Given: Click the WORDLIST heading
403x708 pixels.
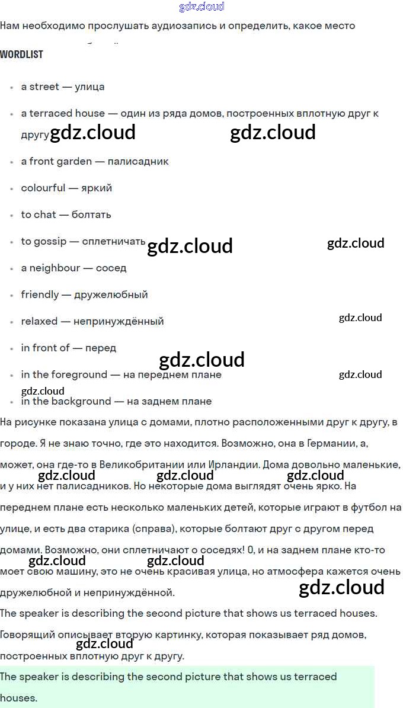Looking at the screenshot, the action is click(21, 55).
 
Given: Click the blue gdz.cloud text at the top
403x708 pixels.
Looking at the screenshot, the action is click(201, 7).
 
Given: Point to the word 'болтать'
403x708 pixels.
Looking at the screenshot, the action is click(91, 214).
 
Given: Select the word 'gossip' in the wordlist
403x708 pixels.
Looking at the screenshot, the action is click(50, 241).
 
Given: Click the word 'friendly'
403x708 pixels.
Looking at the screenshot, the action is click(40, 294).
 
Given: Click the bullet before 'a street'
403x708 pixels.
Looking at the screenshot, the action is click(12, 88).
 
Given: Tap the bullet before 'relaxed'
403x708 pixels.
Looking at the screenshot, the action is click(12, 322).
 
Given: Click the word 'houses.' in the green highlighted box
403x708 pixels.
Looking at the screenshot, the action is click(18, 698).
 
